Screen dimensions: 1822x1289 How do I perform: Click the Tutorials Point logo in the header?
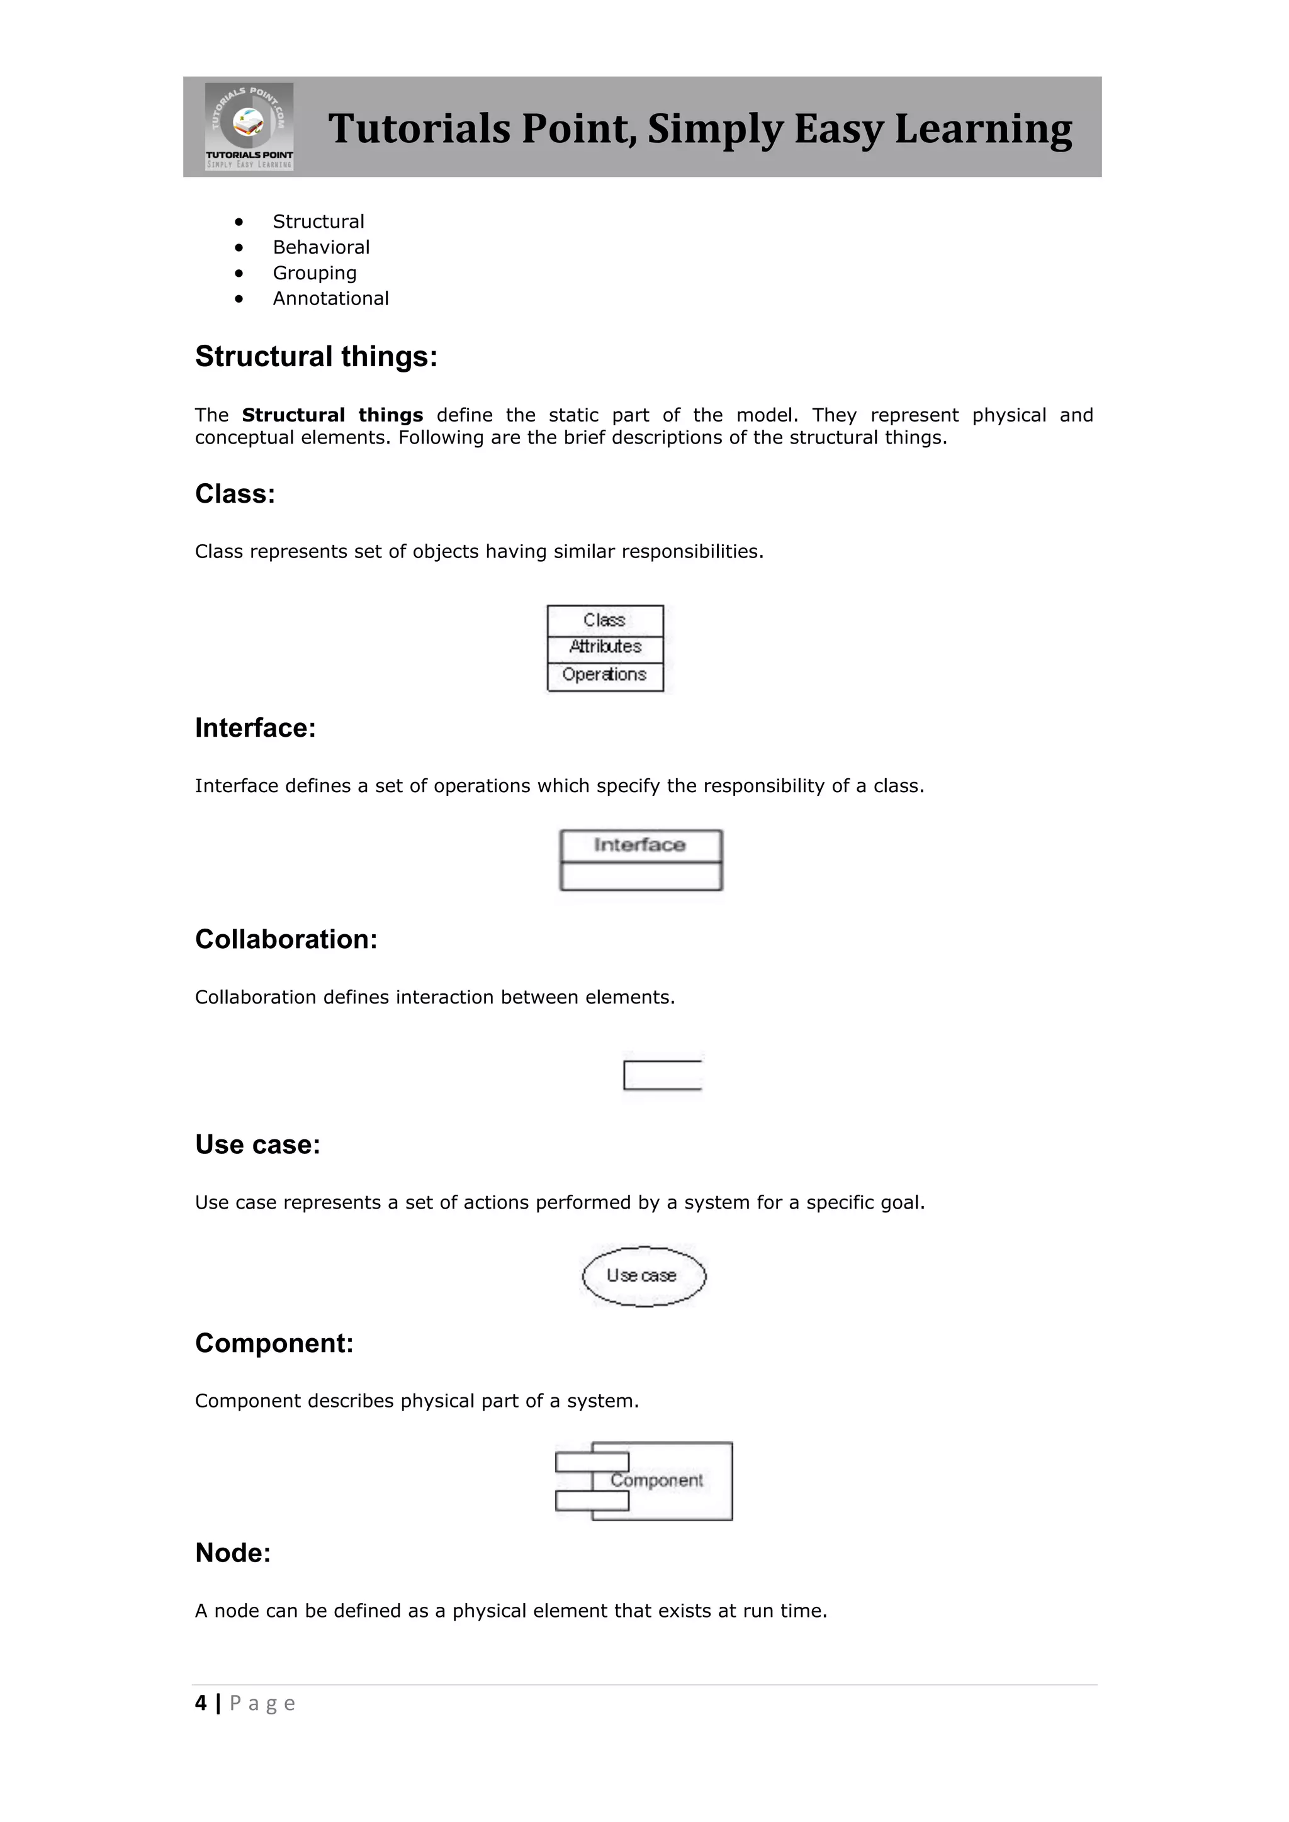249,126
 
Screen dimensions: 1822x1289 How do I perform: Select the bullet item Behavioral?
320,248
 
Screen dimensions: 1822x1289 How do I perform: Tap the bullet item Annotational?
330,299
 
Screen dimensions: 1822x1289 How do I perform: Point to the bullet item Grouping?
314,273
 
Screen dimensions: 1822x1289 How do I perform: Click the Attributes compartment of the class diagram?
605,647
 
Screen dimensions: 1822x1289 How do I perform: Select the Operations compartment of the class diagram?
605,675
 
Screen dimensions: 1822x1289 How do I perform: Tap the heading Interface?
255,729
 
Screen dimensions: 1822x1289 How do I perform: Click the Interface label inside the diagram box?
639,845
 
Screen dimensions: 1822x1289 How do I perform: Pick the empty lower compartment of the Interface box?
641,876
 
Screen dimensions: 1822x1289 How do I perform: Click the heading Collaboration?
286,939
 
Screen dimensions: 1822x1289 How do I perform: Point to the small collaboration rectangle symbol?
663,1075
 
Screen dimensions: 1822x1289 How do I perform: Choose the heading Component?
274,1343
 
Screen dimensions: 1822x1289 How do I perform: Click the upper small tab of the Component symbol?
592,1462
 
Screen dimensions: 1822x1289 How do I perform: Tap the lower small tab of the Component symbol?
592,1501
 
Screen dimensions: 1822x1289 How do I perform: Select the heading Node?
232,1553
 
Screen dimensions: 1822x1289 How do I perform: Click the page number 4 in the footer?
201,1703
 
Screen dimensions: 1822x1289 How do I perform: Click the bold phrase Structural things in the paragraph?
332,416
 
